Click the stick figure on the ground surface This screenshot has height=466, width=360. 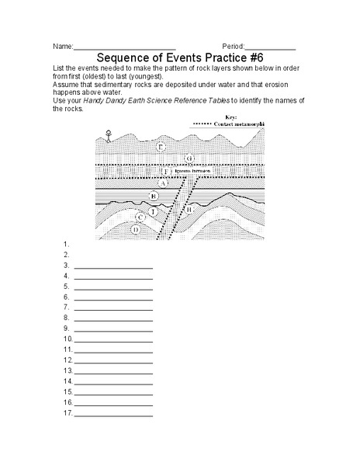(109, 137)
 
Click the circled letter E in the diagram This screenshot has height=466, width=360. (160, 146)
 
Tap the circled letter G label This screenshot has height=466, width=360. (189, 158)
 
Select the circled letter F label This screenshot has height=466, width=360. (164, 172)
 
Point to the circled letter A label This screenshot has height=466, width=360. (164, 183)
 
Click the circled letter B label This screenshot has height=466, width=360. (154, 196)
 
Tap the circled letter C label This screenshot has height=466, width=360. (140, 218)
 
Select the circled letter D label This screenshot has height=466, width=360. (136, 229)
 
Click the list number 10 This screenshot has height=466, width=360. (67, 339)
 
